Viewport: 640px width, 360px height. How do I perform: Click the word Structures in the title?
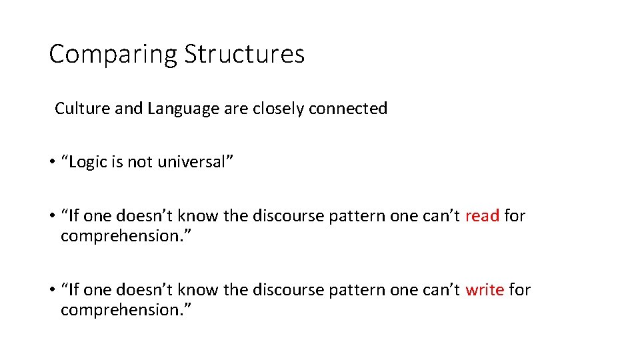pos(244,53)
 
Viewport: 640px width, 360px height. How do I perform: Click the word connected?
pos(348,108)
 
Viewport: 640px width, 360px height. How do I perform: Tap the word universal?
pos(193,162)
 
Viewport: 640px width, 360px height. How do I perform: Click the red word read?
pos(482,215)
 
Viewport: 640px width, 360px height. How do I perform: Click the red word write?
pos(484,289)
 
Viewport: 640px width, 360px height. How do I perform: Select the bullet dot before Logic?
pos(51,163)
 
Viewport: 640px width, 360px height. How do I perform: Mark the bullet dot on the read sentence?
pos(51,216)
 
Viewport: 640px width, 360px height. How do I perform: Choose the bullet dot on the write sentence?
pos(51,290)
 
